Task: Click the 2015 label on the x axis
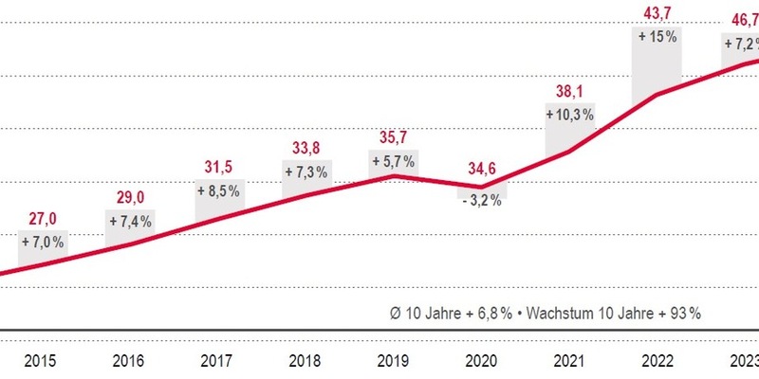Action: tap(41, 361)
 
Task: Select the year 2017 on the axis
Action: tap(218, 361)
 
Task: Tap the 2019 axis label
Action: tap(395, 361)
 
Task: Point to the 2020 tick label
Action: tap(483, 361)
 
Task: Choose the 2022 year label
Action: tap(659, 361)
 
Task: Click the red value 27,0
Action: tap(41, 220)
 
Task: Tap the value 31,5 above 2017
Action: tap(219, 168)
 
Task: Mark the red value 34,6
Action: tap(483, 171)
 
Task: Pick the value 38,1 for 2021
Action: tap(570, 92)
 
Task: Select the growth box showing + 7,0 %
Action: tap(42, 243)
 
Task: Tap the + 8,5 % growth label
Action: tap(219, 190)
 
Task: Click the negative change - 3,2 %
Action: tap(483, 202)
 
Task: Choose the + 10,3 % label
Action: tap(570, 114)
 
